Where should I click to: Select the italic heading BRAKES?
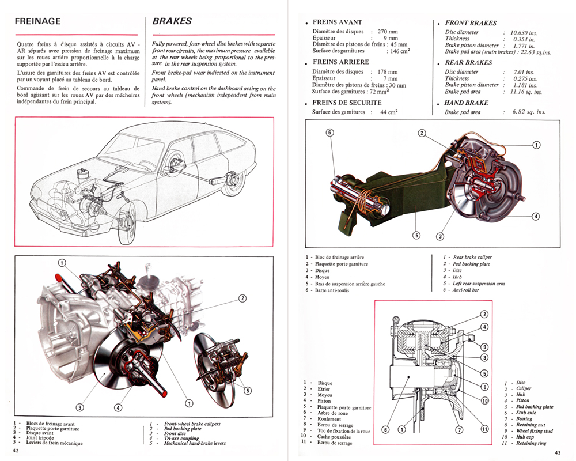tap(172, 21)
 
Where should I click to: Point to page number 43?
tap(557, 451)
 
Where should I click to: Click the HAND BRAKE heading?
tap(467, 103)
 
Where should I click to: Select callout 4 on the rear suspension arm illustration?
tap(535, 216)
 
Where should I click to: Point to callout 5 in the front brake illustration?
tap(247, 390)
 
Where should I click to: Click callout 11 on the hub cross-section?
tap(484, 429)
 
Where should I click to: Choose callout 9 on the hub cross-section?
tap(484, 347)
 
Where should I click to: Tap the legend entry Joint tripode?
tap(43, 438)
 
